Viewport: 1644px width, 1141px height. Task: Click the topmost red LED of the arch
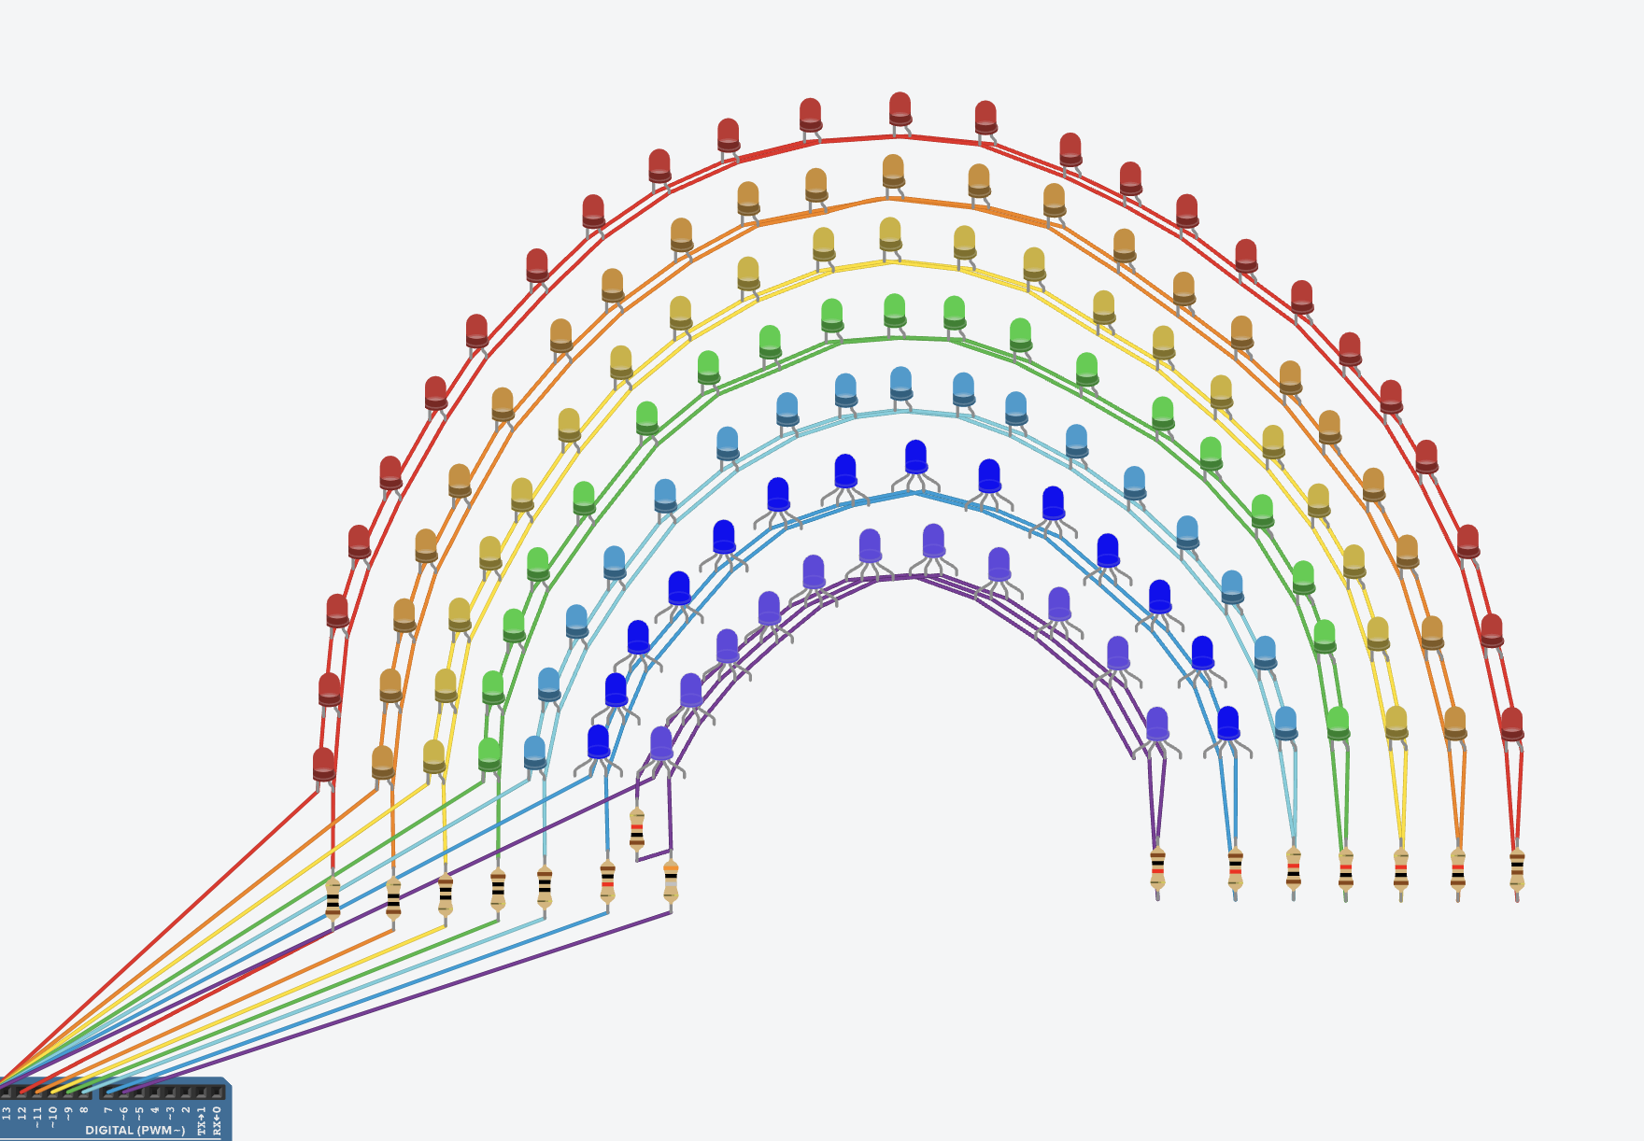900,107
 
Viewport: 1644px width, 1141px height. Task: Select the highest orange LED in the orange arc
893,171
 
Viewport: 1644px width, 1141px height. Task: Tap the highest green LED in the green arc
894,310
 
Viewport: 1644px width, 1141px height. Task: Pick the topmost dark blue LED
915,457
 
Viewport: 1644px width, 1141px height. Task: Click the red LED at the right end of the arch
1511,724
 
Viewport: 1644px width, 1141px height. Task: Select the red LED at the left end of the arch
323,764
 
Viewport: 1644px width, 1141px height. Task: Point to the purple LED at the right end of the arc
1156,724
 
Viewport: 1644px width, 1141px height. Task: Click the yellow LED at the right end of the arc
1396,722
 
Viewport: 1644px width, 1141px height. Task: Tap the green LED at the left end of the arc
489,754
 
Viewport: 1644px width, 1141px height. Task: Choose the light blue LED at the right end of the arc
1285,723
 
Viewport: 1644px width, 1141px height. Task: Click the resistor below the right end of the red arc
1516,868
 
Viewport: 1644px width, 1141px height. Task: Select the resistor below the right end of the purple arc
1157,868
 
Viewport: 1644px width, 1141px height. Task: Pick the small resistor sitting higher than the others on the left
637,829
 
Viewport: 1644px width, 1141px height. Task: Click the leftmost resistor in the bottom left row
333,899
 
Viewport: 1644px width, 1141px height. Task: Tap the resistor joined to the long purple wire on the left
671,880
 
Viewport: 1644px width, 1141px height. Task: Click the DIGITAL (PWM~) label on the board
135,1130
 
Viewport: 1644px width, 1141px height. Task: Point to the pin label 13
7,1113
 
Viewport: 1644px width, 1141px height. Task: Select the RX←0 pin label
217,1120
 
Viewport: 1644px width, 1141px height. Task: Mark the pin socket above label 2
186,1092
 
